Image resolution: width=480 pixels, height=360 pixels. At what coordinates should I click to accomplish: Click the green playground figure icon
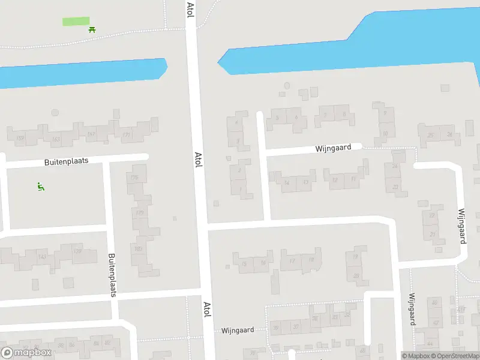(40, 187)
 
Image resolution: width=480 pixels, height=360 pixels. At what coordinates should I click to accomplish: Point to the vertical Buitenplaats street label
(112, 275)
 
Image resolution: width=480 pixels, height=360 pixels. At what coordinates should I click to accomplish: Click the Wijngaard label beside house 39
(238, 330)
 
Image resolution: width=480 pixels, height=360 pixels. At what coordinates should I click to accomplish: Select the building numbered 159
(20, 139)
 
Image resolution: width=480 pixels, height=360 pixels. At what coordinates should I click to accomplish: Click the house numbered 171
(126, 135)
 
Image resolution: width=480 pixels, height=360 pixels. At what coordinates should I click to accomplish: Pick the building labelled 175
(134, 178)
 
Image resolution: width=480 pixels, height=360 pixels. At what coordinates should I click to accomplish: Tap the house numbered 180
(138, 249)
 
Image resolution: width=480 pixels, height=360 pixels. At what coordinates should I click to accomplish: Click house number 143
(42, 257)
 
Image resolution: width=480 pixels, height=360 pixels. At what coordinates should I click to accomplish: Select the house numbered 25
(431, 135)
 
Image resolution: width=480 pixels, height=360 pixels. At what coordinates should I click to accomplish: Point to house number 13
(305, 182)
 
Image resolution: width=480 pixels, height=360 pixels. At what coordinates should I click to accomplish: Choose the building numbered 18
(311, 260)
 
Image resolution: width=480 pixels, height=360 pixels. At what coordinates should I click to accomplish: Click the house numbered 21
(433, 234)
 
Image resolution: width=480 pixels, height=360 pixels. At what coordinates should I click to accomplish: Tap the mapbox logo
(25, 353)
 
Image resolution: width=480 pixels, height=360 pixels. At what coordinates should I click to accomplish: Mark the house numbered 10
(385, 133)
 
